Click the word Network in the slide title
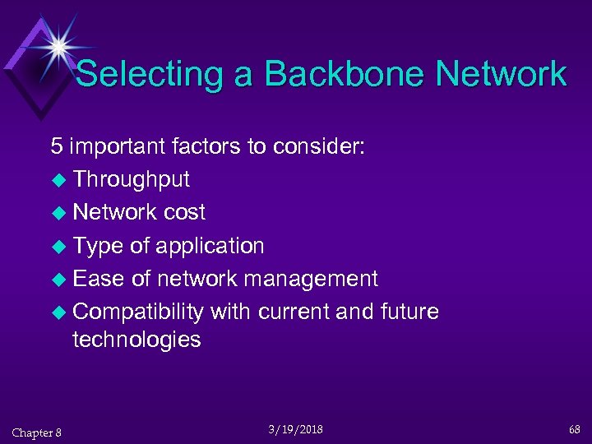click(x=501, y=74)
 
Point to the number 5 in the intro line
click(x=56, y=146)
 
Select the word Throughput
click(x=131, y=179)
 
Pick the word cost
click(x=184, y=212)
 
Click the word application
click(x=210, y=246)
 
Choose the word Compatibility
click(x=138, y=312)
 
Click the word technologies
click(x=136, y=340)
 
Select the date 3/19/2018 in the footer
click(x=295, y=429)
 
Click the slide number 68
click(x=573, y=429)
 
